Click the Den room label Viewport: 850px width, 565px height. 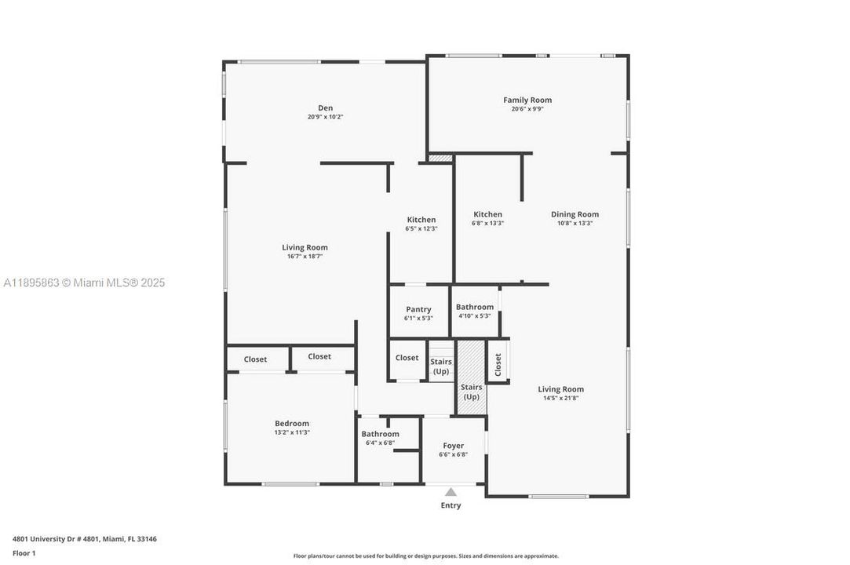pos(325,108)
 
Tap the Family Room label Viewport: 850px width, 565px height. pos(527,100)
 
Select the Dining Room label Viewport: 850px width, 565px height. pos(575,214)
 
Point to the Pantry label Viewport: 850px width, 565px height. pos(418,309)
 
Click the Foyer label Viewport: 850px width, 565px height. pos(453,446)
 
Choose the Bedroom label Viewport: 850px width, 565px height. pos(291,424)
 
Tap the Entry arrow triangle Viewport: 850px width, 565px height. pos(451,492)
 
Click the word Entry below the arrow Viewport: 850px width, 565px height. pos(451,505)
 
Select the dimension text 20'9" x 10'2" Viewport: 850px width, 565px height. pos(325,117)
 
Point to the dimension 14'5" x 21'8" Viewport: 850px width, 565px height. pos(560,398)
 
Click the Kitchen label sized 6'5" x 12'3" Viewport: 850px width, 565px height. pos(421,220)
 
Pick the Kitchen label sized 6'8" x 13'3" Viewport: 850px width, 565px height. pos(487,214)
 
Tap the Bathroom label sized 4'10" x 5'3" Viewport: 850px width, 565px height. pos(475,307)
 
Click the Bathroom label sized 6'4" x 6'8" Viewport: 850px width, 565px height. pos(380,434)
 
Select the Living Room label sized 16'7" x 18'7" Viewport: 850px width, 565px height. pos(305,247)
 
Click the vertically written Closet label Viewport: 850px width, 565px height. pos(498,363)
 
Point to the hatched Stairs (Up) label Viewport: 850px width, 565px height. pos(471,392)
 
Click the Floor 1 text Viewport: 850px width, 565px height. pos(24,553)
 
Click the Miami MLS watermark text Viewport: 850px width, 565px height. pos(84,282)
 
